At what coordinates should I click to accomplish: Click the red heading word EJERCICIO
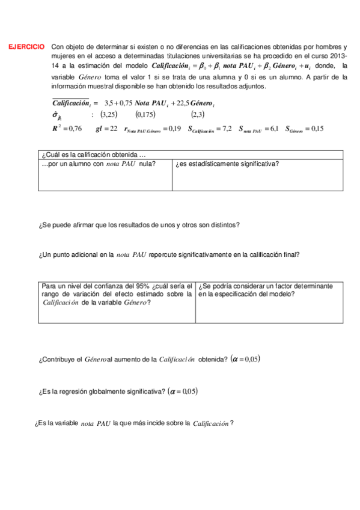pyautogui.click(x=26, y=46)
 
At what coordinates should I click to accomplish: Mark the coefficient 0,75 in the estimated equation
pyautogui.click(x=125, y=103)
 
